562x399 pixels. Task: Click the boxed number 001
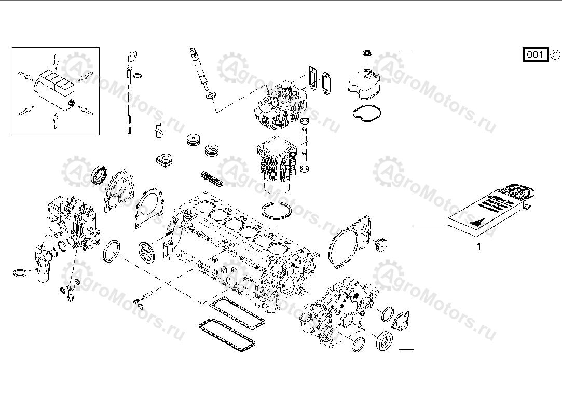click(x=534, y=54)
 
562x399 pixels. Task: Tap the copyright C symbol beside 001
click(x=555, y=54)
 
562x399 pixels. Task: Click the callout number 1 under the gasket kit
click(x=478, y=247)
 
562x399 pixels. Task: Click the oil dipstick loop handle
click(x=133, y=56)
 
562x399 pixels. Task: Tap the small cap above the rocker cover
click(x=367, y=53)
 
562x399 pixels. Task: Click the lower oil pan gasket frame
click(x=227, y=337)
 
